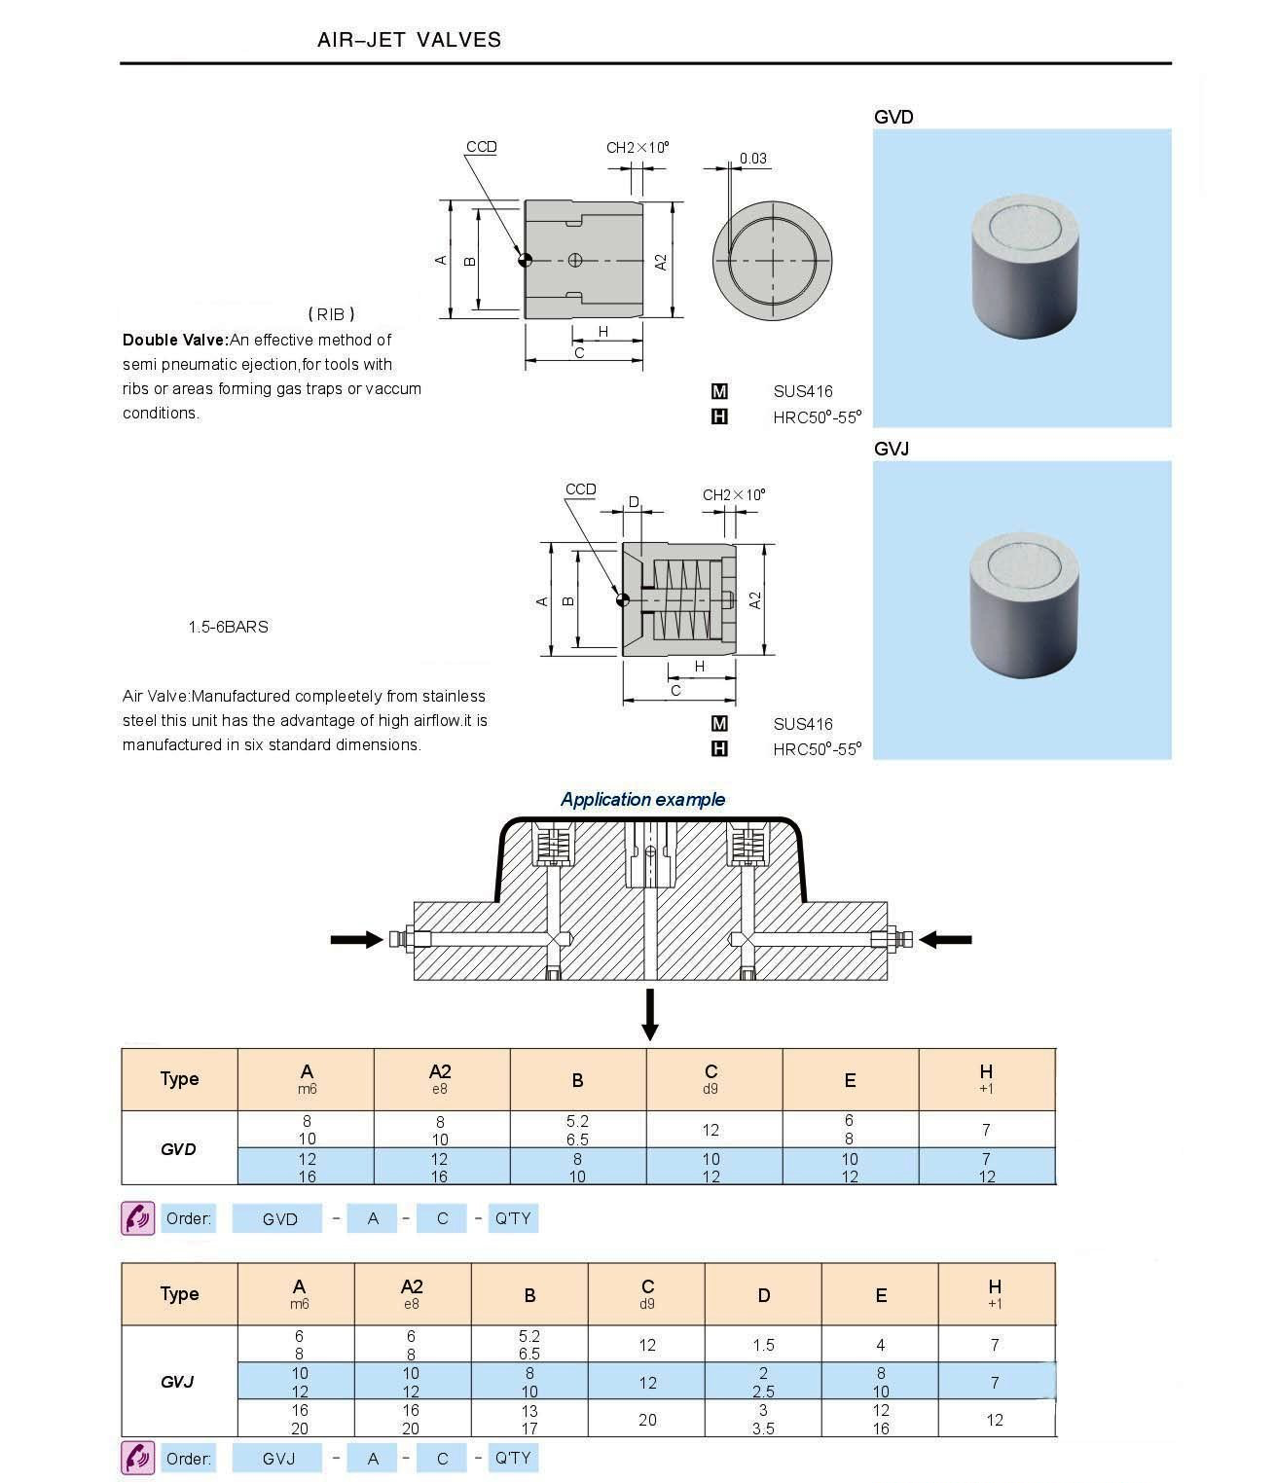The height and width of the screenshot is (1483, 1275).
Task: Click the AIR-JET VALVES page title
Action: pyautogui.click(x=409, y=40)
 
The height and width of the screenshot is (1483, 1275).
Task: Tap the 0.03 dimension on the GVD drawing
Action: pyautogui.click(x=752, y=159)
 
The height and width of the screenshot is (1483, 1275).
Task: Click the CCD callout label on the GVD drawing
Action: pyautogui.click(x=481, y=147)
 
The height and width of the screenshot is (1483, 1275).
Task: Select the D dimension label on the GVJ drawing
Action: pyautogui.click(x=634, y=502)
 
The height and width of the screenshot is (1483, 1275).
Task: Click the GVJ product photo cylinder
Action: pyautogui.click(x=1025, y=604)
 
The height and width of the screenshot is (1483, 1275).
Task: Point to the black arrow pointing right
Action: pyautogui.click(x=356, y=939)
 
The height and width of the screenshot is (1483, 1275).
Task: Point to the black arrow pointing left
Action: pyautogui.click(x=945, y=939)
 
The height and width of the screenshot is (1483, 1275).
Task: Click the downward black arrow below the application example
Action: pyautogui.click(x=650, y=1015)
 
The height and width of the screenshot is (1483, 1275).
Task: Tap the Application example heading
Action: pyautogui.click(x=642, y=799)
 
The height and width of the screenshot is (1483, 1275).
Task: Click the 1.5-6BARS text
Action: pyautogui.click(x=228, y=627)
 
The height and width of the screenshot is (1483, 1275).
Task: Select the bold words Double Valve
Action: pyautogui.click(x=174, y=340)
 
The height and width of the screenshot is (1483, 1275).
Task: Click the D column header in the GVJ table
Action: pyautogui.click(x=763, y=1295)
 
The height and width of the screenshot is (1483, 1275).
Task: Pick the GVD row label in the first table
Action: pyautogui.click(x=178, y=1148)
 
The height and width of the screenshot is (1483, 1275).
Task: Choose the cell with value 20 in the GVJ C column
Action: pyautogui.click(x=647, y=1420)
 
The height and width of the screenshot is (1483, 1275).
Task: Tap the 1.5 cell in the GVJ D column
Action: pyautogui.click(x=763, y=1345)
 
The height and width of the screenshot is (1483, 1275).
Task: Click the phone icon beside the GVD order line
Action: pyautogui.click(x=137, y=1218)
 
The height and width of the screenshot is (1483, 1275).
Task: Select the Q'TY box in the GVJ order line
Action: pyautogui.click(x=512, y=1458)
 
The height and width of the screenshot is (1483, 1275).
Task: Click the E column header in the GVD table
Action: pyautogui.click(x=850, y=1080)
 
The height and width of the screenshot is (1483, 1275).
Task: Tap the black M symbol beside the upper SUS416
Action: pyautogui.click(x=719, y=391)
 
